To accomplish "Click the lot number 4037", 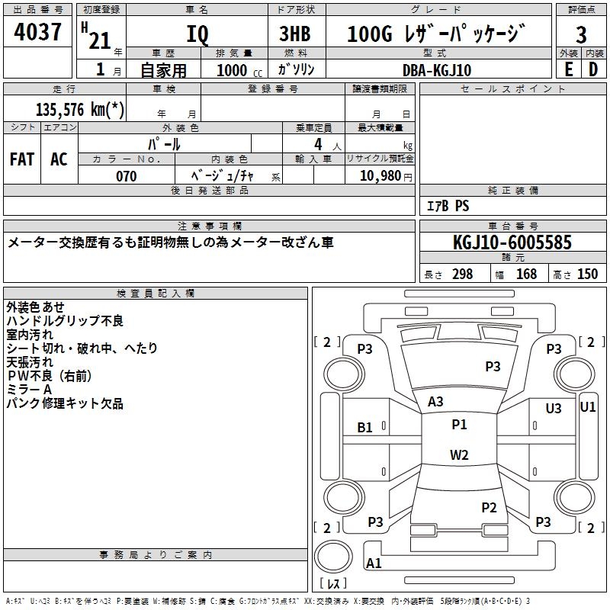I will click(38, 34).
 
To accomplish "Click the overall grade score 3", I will click(581, 34).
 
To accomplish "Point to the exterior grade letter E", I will click(568, 69).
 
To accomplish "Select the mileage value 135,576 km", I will click(80, 110).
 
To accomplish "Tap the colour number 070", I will click(126, 176).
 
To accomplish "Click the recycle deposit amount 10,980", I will click(380, 176).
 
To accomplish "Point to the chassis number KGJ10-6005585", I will click(512, 242).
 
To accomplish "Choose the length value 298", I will click(462, 274).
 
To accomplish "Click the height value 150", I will click(587, 274).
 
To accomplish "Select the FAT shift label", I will click(22, 159).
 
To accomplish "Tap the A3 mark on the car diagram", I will click(435, 401).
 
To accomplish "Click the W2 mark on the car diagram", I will click(459, 455).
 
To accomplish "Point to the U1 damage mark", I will click(588, 407).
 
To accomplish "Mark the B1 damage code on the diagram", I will click(365, 428).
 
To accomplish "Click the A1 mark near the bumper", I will click(374, 563).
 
